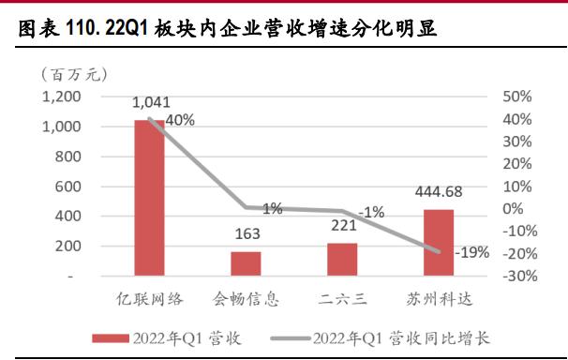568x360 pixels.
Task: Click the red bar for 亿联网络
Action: point(150,199)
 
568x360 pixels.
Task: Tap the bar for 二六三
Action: point(342,260)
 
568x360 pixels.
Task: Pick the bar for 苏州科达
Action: point(438,243)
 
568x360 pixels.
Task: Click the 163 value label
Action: point(246,235)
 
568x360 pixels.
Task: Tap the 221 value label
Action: point(342,226)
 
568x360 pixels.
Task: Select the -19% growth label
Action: point(471,252)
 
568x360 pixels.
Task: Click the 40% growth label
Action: point(180,120)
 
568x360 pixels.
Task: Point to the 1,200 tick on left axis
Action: point(62,97)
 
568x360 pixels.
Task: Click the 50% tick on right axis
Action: point(517,97)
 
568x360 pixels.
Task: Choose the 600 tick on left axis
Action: point(68,187)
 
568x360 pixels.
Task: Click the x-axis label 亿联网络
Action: point(150,300)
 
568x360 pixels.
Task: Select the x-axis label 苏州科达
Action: point(438,300)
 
